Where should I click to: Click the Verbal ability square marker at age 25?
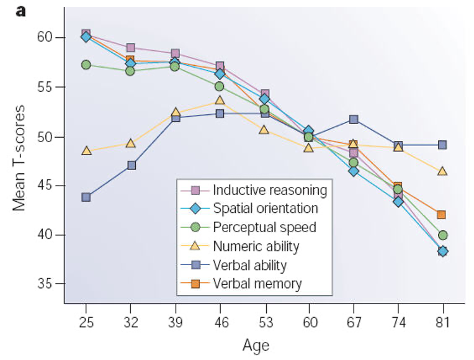pyautogui.click(x=86, y=197)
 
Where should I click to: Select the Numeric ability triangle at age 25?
pyautogui.click(x=86, y=151)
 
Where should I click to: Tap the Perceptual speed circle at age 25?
pyautogui.click(x=86, y=65)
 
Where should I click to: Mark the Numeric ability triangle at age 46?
pyautogui.click(x=220, y=100)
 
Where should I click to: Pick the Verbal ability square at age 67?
pyautogui.click(x=354, y=119)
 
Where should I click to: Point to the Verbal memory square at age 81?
pyautogui.click(x=442, y=215)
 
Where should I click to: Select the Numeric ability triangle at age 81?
pyautogui.click(x=442, y=171)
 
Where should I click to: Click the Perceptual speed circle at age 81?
pyautogui.click(x=442, y=235)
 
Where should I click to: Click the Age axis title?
pyautogui.click(x=256, y=345)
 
